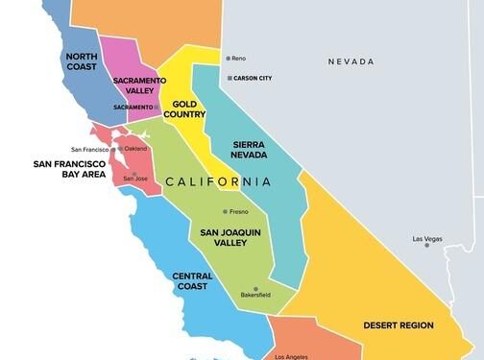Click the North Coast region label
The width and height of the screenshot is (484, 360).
click(81, 62)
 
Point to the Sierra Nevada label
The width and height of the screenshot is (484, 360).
click(255, 150)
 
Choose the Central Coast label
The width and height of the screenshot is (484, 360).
click(192, 281)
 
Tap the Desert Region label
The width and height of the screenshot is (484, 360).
click(398, 325)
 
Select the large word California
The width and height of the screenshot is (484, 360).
click(218, 181)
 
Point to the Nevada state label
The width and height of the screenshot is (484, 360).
click(351, 61)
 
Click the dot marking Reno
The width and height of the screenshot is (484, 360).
click(230, 58)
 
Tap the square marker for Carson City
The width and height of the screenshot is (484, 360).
click(230, 78)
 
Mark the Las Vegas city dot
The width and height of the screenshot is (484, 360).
click(427, 245)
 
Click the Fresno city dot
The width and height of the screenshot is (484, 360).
click(226, 211)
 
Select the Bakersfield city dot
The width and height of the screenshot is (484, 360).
click(255, 289)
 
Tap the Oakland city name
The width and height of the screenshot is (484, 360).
click(135, 149)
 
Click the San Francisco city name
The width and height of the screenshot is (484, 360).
click(89, 150)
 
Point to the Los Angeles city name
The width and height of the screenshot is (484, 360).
click(292, 356)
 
